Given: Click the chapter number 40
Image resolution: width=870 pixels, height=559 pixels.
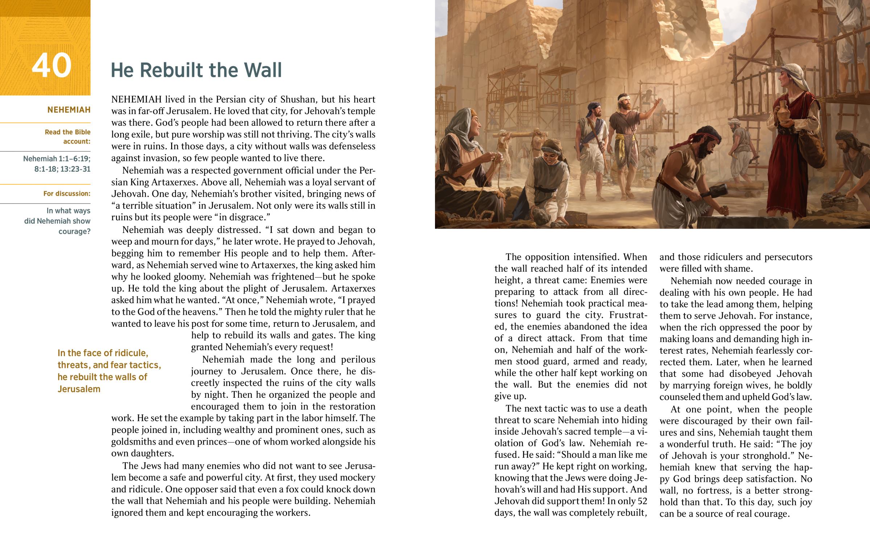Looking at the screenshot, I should coord(51,66).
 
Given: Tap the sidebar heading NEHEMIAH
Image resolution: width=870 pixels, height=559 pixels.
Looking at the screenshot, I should coord(69,110).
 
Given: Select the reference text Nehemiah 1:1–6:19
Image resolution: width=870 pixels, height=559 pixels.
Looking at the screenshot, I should coord(57,159).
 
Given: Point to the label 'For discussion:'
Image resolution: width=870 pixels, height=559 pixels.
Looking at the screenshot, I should coord(67,193).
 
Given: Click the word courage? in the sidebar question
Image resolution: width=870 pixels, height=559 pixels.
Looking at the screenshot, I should coord(74,231).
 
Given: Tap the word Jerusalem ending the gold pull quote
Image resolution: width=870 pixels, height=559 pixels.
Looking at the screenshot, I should coord(79,389).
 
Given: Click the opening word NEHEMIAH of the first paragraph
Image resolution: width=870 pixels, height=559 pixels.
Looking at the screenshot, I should coord(137,100).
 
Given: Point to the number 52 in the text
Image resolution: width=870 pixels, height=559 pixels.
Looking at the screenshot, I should coord(642,501).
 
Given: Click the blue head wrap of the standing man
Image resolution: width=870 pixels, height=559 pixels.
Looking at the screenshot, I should coord(594,106).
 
